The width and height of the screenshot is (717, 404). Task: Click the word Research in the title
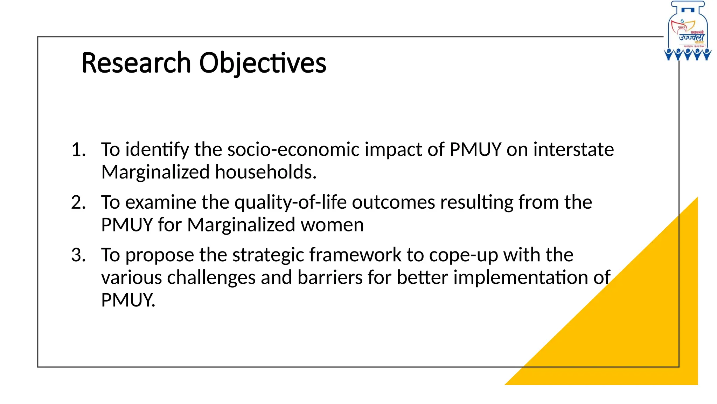point(136,63)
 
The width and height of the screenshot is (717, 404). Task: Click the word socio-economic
point(293,150)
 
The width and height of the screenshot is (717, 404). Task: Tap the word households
point(266,172)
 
